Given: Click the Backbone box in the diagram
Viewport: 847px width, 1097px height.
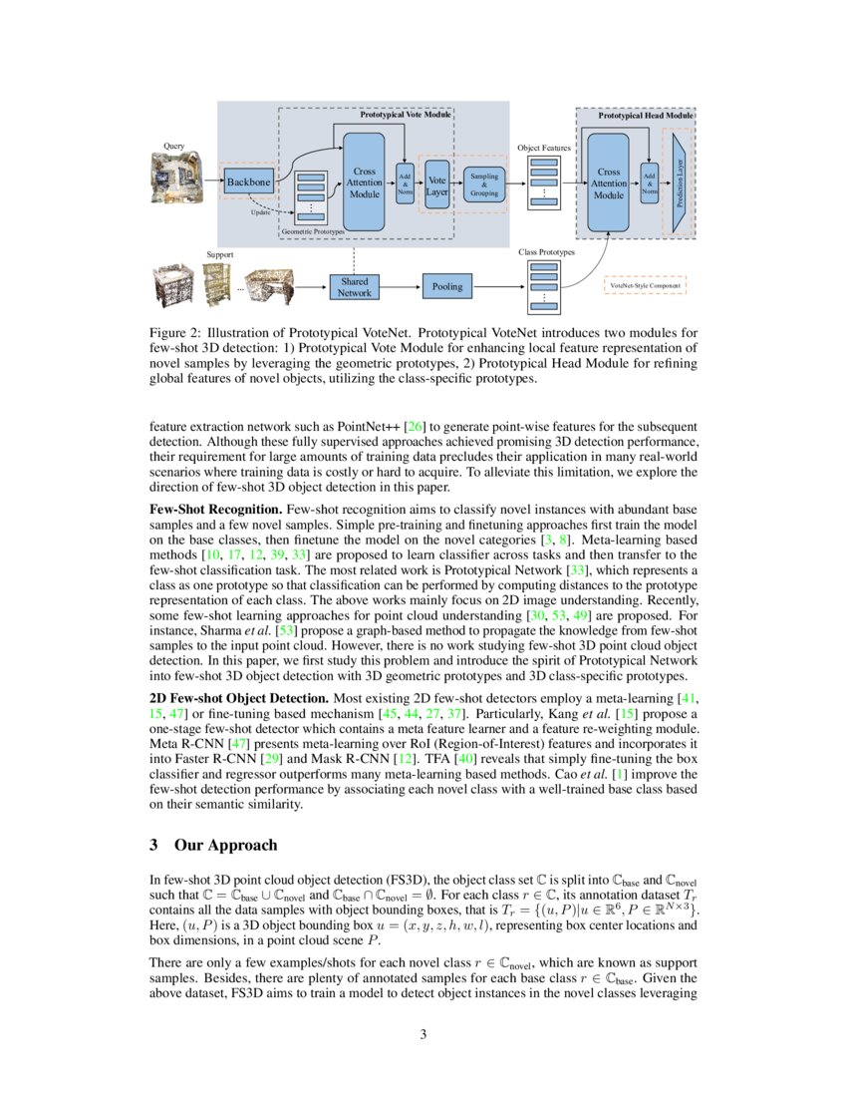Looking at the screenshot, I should click(x=247, y=183).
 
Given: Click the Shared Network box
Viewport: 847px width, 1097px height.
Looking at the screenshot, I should click(x=354, y=287).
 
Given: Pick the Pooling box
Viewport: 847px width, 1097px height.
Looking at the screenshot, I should click(x=447, y=287).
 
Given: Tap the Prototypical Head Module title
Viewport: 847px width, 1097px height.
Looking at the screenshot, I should click(x=645, y=116).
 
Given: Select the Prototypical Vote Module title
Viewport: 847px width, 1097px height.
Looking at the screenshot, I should click(x=406, y=115).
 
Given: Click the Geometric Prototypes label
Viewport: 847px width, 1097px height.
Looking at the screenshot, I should click(x=313, y=231).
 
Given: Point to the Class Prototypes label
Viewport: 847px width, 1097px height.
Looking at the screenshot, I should click(x=547, y=253).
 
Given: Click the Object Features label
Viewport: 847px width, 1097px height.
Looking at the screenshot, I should click(x=544, y=148).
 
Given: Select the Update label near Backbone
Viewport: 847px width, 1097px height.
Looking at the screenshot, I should click(x=259, y=212).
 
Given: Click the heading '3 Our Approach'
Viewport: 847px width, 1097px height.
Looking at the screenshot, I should click(x=213, y=845).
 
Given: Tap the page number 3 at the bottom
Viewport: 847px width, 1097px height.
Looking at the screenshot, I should click(x=423, y=1033).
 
